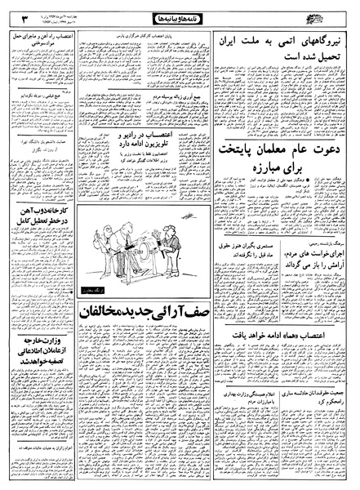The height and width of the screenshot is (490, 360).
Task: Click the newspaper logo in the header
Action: [x=331, y=15]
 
